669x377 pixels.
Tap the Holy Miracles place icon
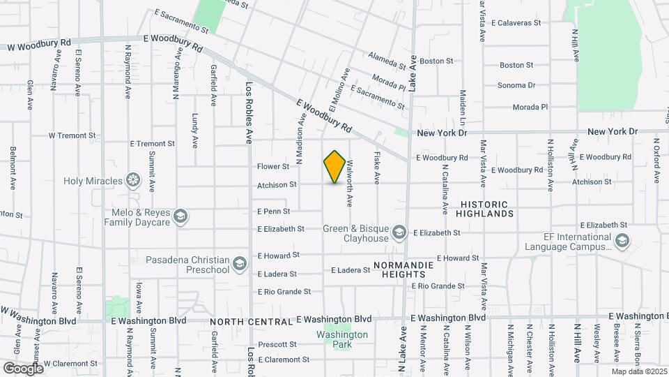pos(132,181)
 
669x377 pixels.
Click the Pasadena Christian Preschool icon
pos(240,263)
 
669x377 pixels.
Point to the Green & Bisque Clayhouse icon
pos(399,231)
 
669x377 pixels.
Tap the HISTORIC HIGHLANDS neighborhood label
pos(487,209)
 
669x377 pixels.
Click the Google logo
pos(22,368)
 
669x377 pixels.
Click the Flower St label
pos(272,167)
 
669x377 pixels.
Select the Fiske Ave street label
pos(377,168)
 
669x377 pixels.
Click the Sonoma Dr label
pos(516,85)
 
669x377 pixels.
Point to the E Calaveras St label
pos(516,23)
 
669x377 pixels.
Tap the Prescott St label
pos(277,344)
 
